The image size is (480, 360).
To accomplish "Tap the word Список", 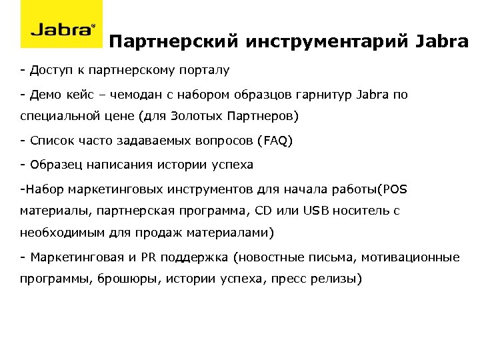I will [48, 141].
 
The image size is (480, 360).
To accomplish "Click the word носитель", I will [361, 211].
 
